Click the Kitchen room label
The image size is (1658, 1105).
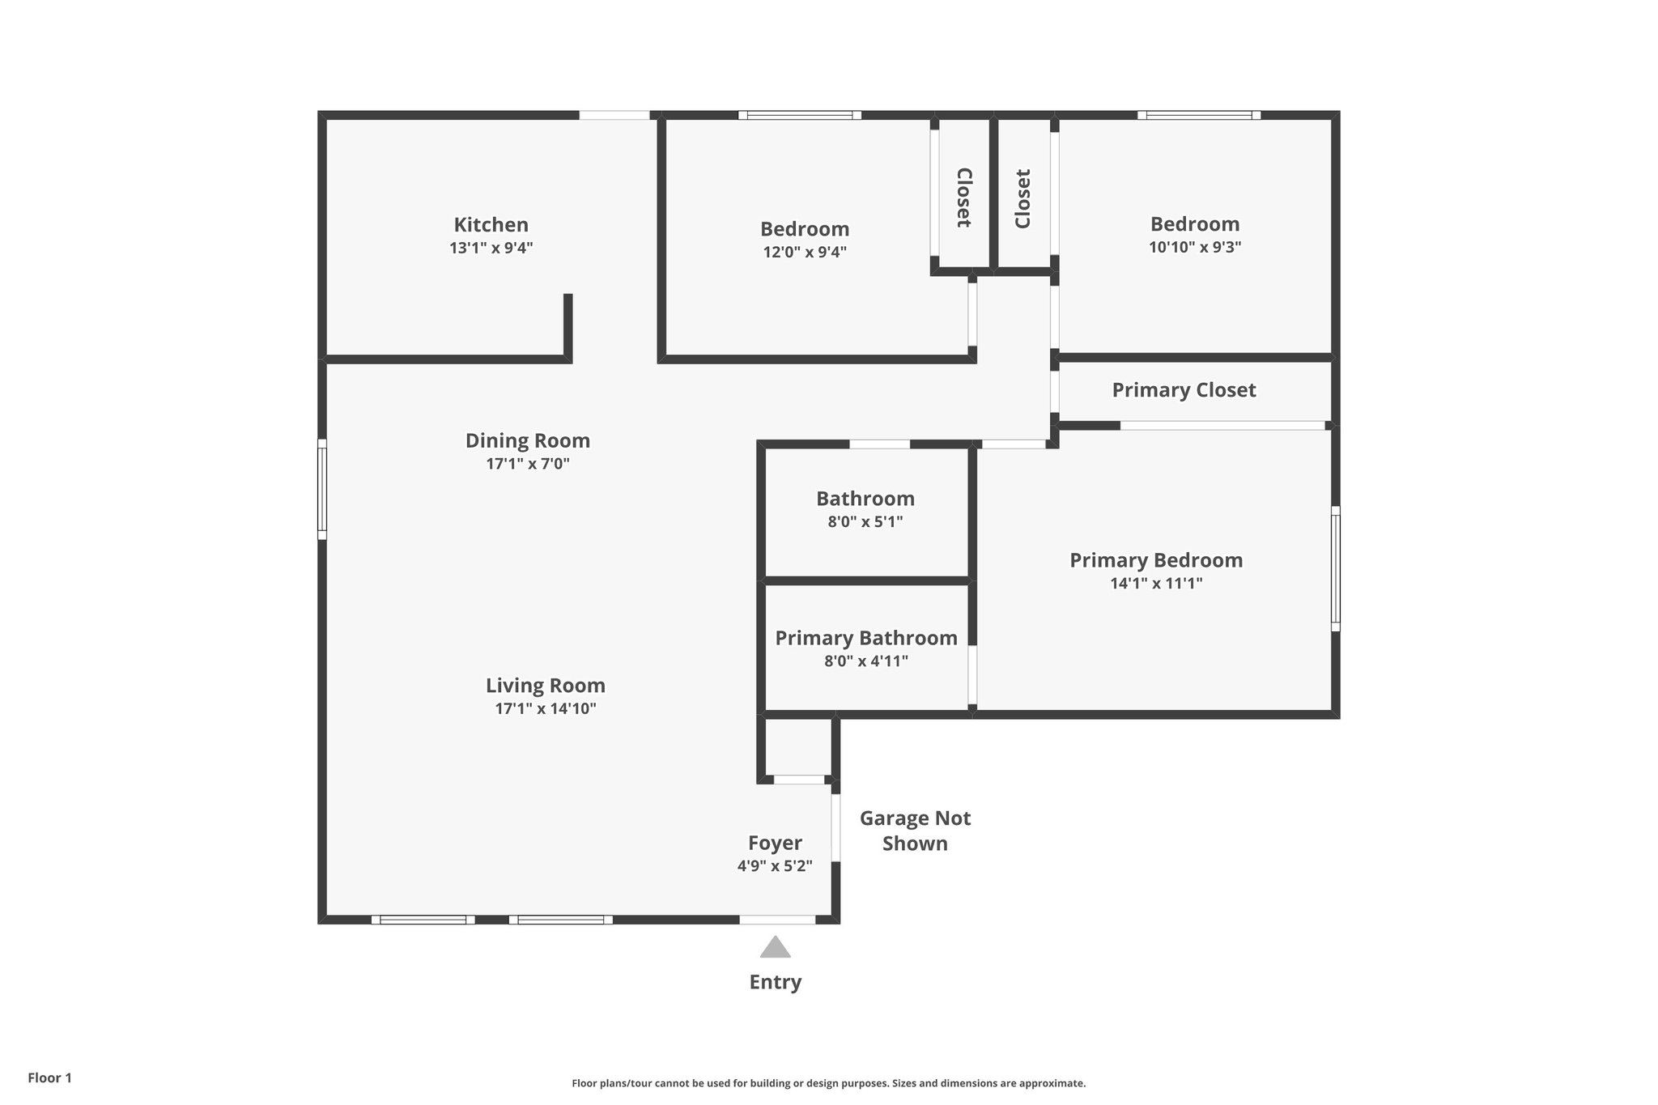click(491, 225)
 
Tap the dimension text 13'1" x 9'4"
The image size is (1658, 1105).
click(491, 248)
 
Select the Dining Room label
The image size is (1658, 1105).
click(527, 441)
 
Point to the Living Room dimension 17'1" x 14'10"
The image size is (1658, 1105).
click(545, 709)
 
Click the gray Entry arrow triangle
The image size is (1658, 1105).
click(775, 947)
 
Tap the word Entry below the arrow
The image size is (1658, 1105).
click(775, 982)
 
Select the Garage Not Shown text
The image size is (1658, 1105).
click(915, 831)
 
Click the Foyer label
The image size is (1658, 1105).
click(775, 843)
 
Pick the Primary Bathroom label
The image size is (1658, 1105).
click(865, 638)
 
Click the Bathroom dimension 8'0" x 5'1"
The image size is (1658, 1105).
click(865, 522)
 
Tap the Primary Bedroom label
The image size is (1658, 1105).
click(1155, 560)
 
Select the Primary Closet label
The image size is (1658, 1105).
click(1184, 390)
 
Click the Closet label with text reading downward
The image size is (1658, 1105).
click(963, 197)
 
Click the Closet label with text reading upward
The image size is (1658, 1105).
click(1022, 198)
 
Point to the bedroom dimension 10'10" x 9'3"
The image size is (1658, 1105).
click(1194, 247)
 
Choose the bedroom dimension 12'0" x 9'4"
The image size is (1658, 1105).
click(804, 252)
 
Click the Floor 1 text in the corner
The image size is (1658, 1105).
click(49, 1077)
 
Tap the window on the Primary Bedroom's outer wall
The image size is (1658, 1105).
click(1335, 568)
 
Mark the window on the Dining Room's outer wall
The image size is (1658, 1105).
click(322, 489)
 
